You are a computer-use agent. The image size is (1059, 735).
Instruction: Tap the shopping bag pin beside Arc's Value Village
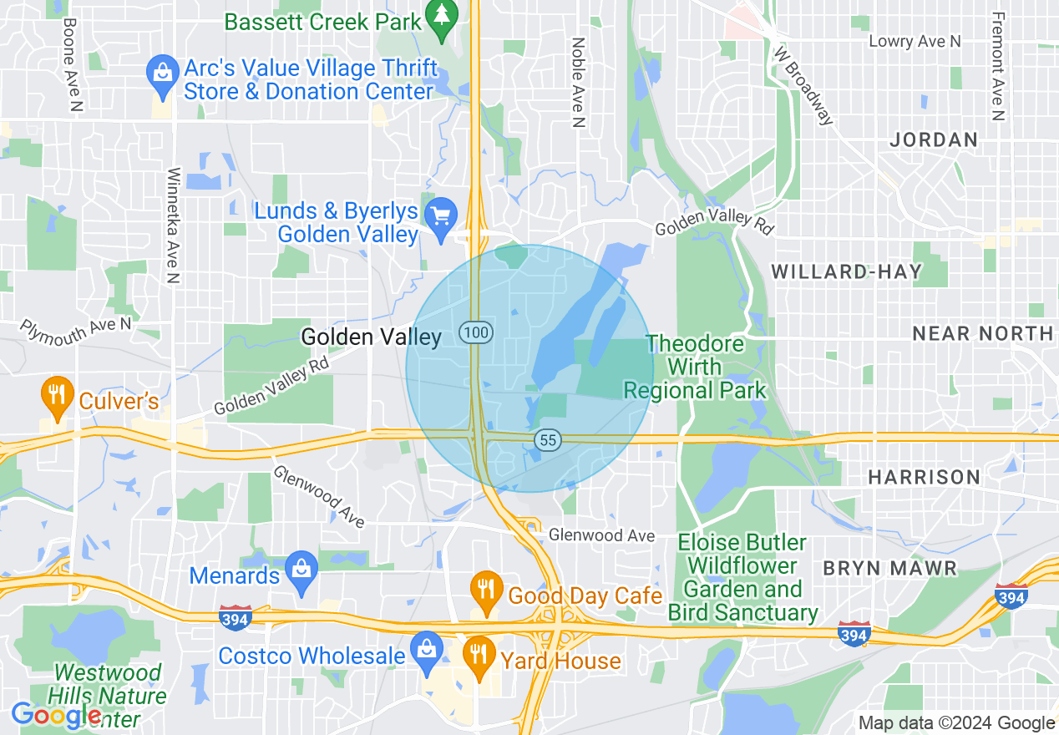(x=162, y=73)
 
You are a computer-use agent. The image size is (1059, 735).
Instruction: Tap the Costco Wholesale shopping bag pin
(x=427, y=651)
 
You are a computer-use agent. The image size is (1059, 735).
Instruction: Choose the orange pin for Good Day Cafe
(x=485, y=590)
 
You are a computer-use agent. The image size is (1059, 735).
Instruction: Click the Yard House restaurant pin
(x=479, y=655)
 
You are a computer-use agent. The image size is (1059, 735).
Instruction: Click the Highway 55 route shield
(x=548, y=439)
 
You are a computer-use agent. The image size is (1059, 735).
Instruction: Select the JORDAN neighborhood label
(x=934, y=139)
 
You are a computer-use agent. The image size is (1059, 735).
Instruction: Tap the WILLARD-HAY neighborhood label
(x=846, y=271)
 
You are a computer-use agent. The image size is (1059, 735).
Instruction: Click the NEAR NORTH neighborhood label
(x=982, y=333)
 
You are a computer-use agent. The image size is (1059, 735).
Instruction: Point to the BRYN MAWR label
(x=889, y=569)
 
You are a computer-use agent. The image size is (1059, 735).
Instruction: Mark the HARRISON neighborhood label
(x=924, y=477)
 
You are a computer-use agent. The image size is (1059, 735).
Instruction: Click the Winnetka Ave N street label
(x=173, y=226)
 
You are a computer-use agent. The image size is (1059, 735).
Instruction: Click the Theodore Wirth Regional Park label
(x=695, y=367)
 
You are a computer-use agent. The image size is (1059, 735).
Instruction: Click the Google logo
(x=56, y=715)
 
